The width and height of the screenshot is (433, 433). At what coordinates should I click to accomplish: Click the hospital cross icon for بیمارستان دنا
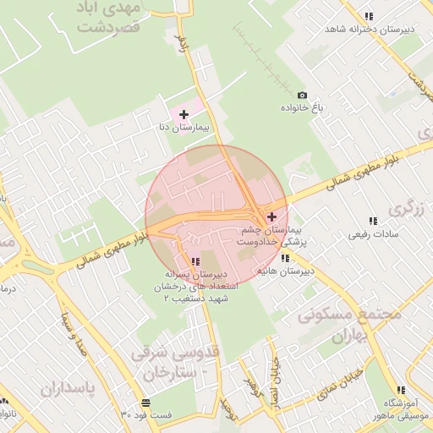(184, 113)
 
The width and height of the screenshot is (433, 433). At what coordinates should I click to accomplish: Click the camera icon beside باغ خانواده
(302, 96)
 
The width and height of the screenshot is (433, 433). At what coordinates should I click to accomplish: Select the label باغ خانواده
(302, 108)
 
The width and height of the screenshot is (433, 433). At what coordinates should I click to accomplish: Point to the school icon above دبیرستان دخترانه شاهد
(369, 16)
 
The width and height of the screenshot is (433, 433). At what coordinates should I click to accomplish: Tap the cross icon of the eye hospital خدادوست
(271, 217)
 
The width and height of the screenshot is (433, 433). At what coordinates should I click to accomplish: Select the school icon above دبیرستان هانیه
(285, 258)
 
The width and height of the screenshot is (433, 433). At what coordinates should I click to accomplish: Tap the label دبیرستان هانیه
(285, 271)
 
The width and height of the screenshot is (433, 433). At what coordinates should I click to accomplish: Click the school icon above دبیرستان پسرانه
(195, 261)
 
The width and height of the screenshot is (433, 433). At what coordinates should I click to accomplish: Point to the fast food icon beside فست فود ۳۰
(146, 402)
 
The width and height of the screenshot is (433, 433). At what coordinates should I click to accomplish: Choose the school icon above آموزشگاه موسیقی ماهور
(401, 390)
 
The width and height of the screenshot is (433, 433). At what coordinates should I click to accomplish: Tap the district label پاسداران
(76, 388)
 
